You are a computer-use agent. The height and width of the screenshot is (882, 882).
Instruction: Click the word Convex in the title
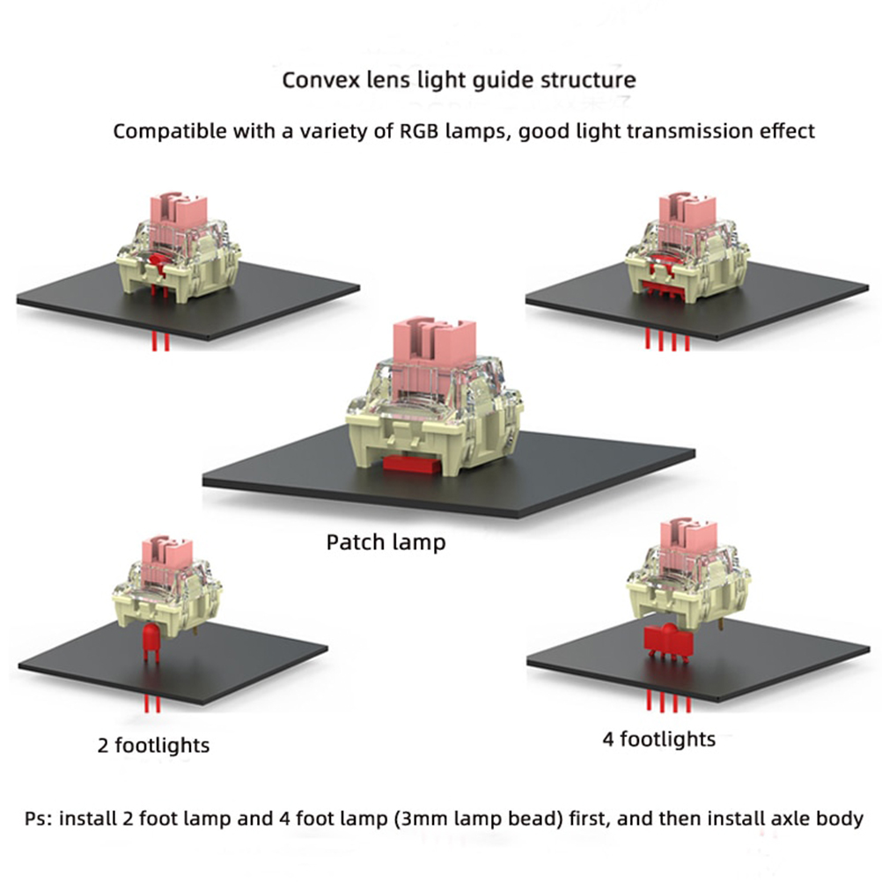tap(315, 80)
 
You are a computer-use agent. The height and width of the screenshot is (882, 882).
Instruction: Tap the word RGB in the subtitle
tap(424, 132)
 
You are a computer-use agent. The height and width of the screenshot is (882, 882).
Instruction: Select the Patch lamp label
tap(386, 541)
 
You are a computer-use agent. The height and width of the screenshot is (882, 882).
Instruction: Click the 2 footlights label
tap(153, 746)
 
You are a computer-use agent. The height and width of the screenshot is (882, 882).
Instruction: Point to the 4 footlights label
tap(658, 739)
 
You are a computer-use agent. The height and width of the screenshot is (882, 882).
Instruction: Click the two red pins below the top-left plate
tap(159, 342)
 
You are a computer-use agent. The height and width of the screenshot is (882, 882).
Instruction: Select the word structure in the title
tap(592, 80)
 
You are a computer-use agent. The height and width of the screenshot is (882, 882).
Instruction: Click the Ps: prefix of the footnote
tap(33, 819)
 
